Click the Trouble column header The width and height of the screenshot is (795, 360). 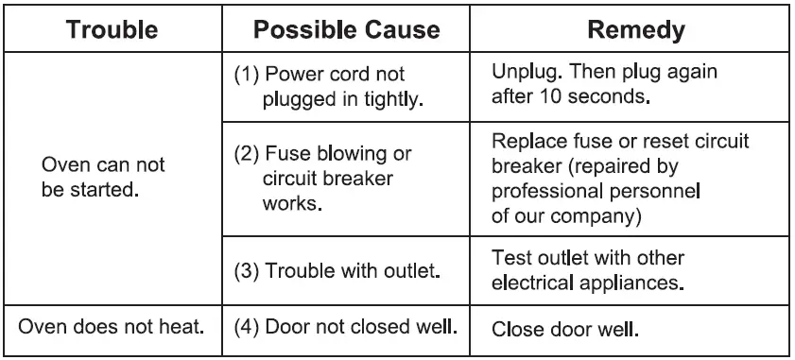(x=112, y=30)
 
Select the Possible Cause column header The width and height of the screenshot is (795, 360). (x=346, y=30)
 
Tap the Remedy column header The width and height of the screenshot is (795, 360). (x=636, y=30)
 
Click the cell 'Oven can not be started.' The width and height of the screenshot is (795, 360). (x=104, y=177)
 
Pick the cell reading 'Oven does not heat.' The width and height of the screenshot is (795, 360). (x=112, y=329)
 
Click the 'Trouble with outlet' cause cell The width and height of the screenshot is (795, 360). (x=338, y=272)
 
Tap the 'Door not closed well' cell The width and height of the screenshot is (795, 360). (x=346, y=329)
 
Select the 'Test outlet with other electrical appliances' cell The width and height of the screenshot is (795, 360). (x=588, y=270)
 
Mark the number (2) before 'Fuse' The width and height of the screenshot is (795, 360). (x=246, y=152)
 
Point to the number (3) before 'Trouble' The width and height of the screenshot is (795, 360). (x=246, y=272)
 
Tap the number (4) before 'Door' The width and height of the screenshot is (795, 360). (x=246, y=329)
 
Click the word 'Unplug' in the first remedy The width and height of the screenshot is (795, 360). (x=521, y=73)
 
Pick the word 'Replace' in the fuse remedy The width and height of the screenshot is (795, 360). (x=526, y=142)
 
